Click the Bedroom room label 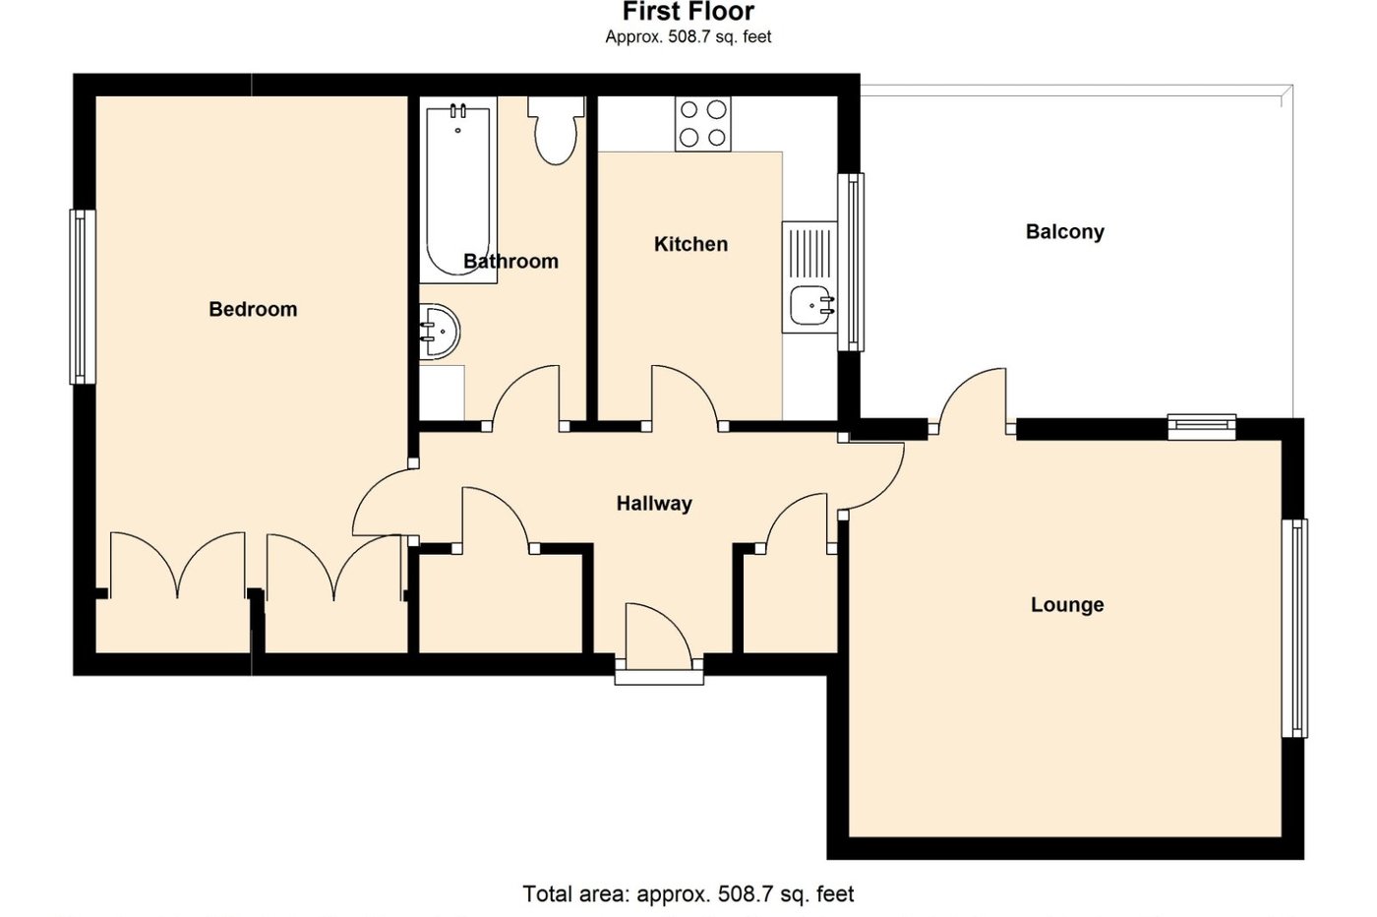click(253, 309)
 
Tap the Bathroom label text click(510, 261)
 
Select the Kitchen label click(690, 244)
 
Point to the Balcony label click(1064, 232)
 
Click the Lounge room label click(1067, 604)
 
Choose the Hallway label click(654, 504)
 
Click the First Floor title click(688, 13)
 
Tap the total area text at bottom click(688, 894)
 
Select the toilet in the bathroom click(556, 132)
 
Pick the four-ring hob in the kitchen click(703, 124)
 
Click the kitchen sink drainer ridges click(809, 251)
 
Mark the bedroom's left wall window click(83, 296)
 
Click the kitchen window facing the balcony click(852, 262)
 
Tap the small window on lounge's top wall click(1202, 426)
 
